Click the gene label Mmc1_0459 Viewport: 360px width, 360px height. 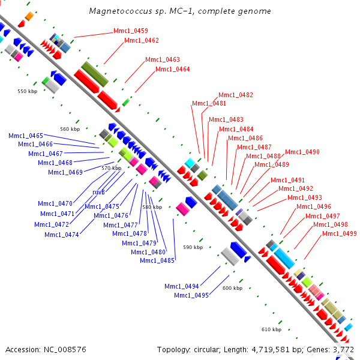[131, 31]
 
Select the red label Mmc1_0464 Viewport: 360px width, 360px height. [173, 70]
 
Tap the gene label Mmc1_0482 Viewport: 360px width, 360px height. [236, 95]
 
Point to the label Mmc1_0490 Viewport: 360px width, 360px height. [302, 152]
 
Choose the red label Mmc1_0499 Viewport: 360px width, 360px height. [340, 233]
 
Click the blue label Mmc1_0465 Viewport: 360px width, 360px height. [26, 136]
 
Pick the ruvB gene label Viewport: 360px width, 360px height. [99, 192]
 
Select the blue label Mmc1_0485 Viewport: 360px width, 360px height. [157, 260]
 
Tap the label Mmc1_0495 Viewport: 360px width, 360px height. [191, 295]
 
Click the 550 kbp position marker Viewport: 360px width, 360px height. [28, 91]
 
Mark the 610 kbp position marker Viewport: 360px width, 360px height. [272, 329]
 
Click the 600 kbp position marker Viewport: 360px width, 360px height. [232, 289]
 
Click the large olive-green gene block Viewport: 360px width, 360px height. [95, 73]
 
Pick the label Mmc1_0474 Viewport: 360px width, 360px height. [62, 234]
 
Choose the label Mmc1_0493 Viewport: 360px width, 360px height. [305, 198]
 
